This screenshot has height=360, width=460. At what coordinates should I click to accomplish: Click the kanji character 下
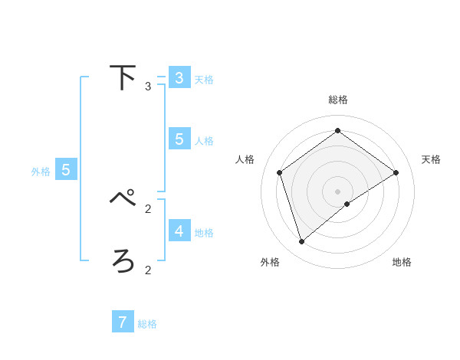123,77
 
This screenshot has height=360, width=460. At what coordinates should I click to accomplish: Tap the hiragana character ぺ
123,198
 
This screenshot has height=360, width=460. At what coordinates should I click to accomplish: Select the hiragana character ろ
123,261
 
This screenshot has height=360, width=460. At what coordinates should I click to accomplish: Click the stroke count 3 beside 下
148,87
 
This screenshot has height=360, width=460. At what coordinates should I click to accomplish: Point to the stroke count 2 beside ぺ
148,208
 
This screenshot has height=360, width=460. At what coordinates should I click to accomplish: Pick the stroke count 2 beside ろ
148,270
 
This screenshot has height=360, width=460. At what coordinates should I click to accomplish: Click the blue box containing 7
123,322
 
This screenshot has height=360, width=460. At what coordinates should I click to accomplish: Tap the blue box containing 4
179,231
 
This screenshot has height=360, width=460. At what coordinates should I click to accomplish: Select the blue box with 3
179,77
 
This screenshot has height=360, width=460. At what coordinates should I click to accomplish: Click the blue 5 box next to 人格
179,139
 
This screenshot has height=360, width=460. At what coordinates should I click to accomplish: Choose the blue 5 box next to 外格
66,170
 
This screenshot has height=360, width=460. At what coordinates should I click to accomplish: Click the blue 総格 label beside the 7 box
147,324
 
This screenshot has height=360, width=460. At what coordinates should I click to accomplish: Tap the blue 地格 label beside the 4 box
204,233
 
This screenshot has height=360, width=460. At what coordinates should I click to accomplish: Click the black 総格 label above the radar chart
337,100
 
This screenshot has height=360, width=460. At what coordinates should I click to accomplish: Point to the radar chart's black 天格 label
431,159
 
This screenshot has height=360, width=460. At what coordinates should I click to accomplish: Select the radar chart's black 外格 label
270,262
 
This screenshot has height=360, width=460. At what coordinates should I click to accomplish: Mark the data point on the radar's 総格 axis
337,131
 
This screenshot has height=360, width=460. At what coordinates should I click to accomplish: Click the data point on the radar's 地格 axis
347,204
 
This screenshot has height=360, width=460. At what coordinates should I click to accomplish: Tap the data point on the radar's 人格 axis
280,172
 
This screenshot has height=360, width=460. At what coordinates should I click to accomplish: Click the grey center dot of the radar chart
337,191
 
